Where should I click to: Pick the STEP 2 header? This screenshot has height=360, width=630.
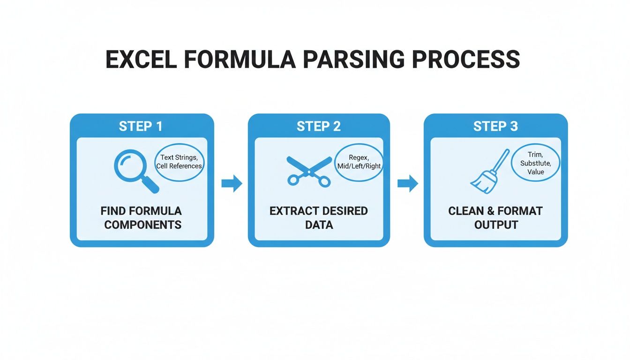[x=319, y=126]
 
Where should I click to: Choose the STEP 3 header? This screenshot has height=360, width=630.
[x=495, y=126]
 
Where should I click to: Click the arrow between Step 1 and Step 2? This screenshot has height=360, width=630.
[x=232, y=183]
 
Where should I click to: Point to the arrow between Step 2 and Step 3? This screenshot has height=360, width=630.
[x=407, y=183]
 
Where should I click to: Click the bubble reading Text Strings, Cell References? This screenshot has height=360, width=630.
[x=180, y=162]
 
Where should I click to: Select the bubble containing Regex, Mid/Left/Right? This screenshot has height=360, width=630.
[x=359, y=162]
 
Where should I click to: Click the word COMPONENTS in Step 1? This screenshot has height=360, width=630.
[x=142, y=225]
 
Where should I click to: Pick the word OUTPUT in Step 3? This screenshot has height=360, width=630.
[x=496, y=225]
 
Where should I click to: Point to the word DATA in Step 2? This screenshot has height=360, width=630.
[x=319, y=225]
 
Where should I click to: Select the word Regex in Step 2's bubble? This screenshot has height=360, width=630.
[x=358, y=157]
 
